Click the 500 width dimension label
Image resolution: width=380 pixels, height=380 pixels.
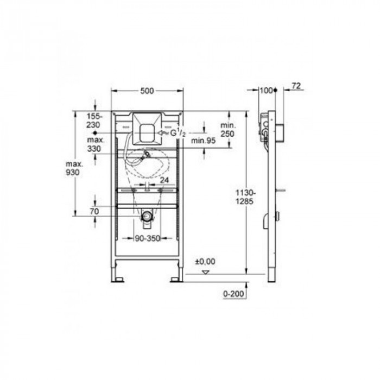pos(147,91)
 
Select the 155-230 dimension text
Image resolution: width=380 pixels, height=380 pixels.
pos(94,120)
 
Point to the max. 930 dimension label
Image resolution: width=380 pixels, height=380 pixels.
pos(75,168)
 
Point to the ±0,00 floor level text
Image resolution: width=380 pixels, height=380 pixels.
pos(207,262)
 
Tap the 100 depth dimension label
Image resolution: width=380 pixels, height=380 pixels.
pos(266,91)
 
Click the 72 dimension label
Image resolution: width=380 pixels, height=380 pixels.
pos(296,86)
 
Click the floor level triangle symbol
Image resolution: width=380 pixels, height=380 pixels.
pos(205,273)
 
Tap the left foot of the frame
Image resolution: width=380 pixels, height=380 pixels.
pos(118,280)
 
